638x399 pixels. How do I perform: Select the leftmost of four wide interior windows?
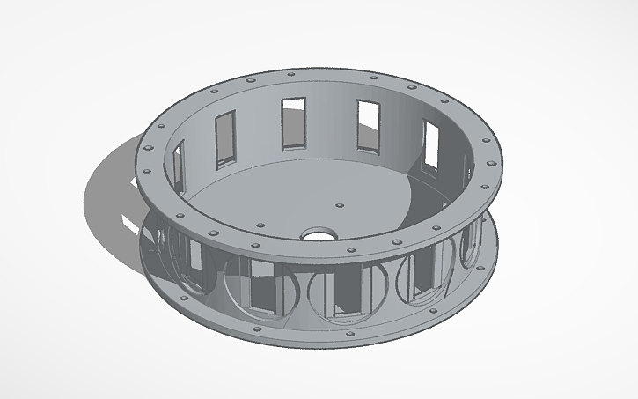click(x=226, y=137)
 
